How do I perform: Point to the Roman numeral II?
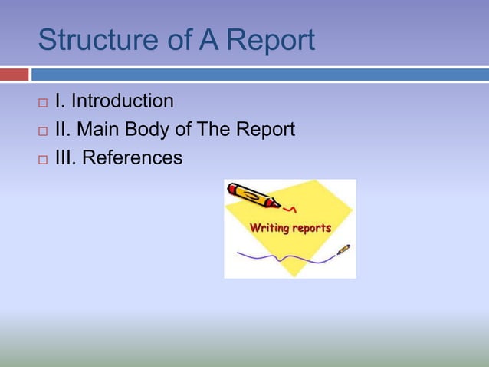[61, 130]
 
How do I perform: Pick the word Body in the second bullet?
[144, 130]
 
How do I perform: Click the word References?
[132, 158]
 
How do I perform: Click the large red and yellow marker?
[253, 195]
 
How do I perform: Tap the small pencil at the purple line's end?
[343, 250]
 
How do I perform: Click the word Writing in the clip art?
[269, 227]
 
